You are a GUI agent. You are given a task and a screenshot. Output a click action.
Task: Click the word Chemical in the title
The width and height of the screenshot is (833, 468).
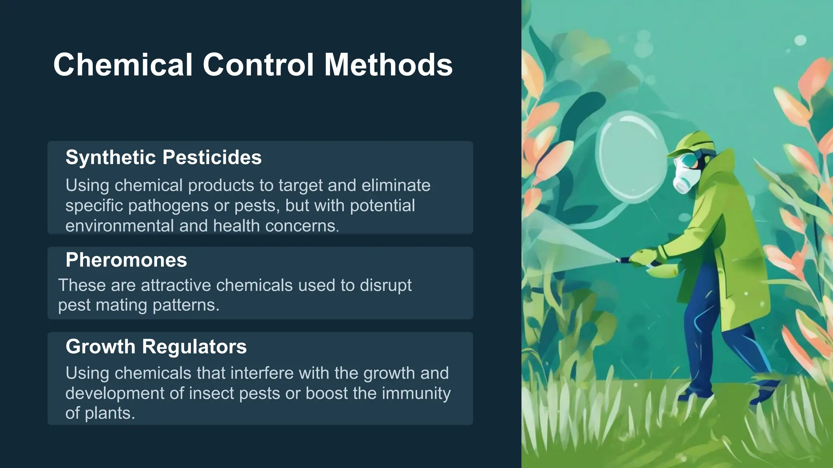click(x=122, y=65)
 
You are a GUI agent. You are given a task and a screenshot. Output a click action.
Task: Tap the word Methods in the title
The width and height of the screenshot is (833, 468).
click(x=388, y=65)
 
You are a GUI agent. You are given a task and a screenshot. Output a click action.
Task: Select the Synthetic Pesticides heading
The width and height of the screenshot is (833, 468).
click(x=164, y=157)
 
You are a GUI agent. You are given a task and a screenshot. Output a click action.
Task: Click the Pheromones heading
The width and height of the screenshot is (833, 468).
click(x=126, y=260)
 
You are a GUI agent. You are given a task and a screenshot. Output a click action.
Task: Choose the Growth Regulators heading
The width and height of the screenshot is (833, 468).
click(x=156, y=347)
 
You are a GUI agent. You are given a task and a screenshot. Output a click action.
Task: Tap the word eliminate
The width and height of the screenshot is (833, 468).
click(x=396, y=185)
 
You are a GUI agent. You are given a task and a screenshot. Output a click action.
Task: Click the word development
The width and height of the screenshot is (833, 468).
click(x=115, y=393)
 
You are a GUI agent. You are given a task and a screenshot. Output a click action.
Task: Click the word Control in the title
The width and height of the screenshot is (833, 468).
click(x=258, y=65)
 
